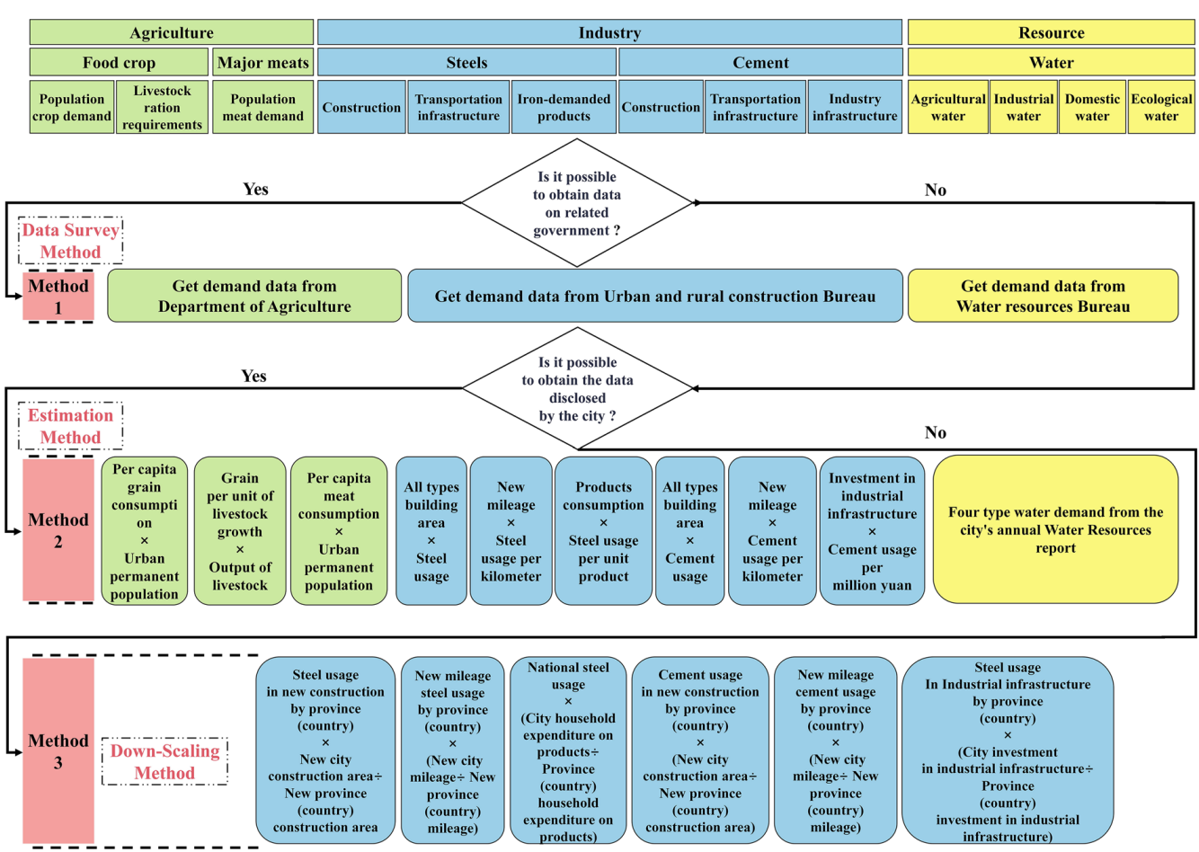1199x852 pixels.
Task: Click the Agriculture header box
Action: click(x=171, y=32)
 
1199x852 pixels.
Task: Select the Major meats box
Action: click(x=262, y=62)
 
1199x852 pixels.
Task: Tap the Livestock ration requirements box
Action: click(x=162, y=108)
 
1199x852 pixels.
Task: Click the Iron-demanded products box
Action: click(x=564, y=108)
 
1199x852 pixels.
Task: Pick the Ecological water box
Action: click(x=1161, y=108)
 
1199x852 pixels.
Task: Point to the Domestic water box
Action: click(x=1092, y=108)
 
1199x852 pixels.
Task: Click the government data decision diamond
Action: click(x=577, y=203)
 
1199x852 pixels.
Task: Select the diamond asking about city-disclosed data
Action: click(x=577, y=389)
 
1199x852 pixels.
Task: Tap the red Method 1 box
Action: click(x=58, y=297)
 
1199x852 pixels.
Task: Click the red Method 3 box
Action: click(x=58, y=751)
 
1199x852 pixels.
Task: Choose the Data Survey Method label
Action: click(x=70, y=241)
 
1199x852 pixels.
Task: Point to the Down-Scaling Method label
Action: click(x=164, y=761)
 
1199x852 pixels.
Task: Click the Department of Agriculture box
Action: click(x=254, y=296)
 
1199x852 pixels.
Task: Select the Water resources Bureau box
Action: click(x=1043, y=296)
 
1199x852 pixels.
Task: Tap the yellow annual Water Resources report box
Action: click(x=1055, y=529)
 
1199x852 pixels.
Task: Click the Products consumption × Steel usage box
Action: click(x=603, y=531)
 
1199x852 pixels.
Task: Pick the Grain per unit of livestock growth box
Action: click(x=240, y=531)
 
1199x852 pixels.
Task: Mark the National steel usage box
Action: click(x=568, y=751)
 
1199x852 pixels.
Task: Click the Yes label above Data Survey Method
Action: click(x=255, y=189)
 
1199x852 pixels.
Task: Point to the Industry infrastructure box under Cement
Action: click(x=854, y=108)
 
